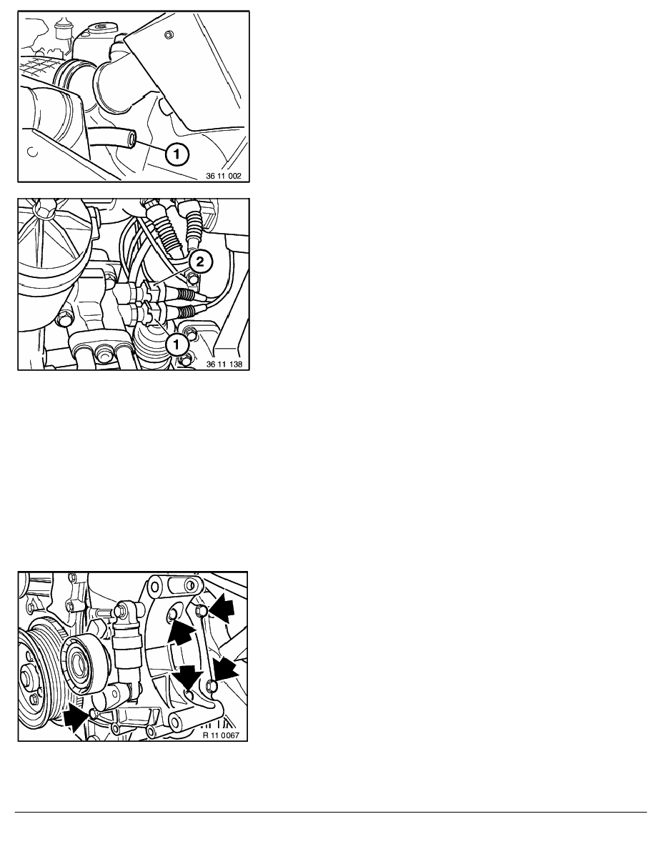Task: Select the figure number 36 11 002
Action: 224,176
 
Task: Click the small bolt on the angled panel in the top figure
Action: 168,36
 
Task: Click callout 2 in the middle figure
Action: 199,262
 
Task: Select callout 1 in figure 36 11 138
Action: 177,344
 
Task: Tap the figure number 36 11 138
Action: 224,364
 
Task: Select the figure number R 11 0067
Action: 221,735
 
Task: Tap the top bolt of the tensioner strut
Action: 122,610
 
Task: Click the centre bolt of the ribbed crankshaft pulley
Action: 27,676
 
